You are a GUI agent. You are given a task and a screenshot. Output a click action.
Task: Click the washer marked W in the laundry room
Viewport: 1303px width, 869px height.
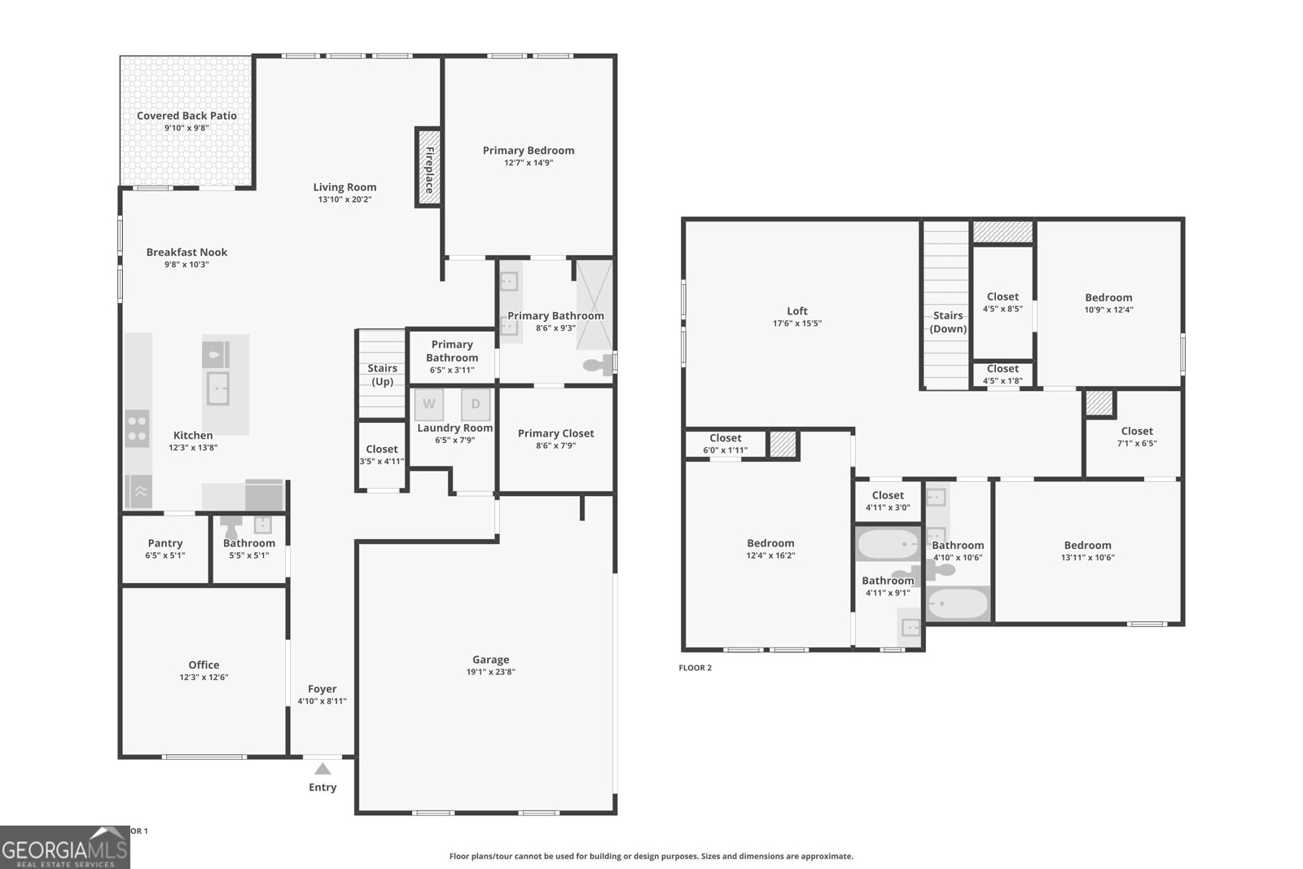[x=428, y=404]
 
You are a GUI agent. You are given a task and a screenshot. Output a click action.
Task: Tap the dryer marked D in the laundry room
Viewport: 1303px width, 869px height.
[x=476, y=404]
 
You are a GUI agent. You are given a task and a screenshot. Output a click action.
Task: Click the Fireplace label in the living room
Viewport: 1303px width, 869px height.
[x=429, y=170]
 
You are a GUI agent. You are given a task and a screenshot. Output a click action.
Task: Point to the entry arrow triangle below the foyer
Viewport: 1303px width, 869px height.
[x=322, y=769]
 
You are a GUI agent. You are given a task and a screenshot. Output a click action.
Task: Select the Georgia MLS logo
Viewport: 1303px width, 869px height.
[x=64, y=848]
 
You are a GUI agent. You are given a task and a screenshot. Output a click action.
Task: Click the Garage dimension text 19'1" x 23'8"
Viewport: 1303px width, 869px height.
[x=491, y=672]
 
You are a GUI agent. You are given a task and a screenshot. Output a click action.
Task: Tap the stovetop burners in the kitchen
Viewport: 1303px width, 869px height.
[x=138, y=428]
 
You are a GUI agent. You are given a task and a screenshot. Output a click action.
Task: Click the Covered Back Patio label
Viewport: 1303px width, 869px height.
[x=186, y=116]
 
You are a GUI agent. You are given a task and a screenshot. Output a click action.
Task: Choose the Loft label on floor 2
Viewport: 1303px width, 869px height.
[x=797, y=311]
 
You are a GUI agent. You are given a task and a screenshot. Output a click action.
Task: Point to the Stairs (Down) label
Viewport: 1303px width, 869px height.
[x=948, y=322]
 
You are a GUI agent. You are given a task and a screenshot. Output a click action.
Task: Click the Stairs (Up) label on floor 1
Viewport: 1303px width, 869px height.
[x=382, y=375]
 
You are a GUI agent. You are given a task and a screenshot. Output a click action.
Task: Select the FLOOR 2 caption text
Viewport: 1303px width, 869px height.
[x=695, y=668]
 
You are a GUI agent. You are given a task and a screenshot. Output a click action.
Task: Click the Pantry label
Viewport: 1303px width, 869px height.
[x=165, y=543]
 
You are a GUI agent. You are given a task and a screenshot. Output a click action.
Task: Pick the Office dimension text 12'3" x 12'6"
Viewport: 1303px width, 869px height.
[x=204, y=677]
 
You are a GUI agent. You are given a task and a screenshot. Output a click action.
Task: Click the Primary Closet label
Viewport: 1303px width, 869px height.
[x=556, y=433]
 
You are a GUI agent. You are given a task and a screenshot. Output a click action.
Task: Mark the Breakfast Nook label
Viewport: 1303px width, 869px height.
[x=186, y=252]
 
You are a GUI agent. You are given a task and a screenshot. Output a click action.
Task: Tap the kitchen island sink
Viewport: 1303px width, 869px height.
[x=217, y=388]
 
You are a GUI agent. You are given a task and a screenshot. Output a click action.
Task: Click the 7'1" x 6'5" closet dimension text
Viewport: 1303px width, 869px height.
[x=1137, y=443]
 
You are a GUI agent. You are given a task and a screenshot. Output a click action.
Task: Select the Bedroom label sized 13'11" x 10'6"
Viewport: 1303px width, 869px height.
[x=1088, y=545]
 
